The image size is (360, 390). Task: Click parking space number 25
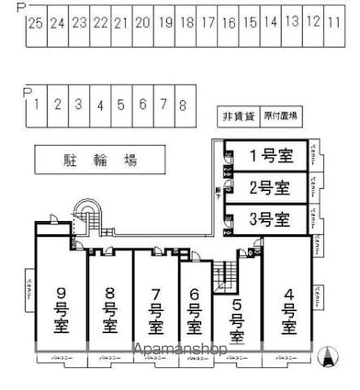[35, 22]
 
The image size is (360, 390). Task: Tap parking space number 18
[186, 22]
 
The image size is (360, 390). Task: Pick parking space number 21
[119, 22]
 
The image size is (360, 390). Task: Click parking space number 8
[183, 105]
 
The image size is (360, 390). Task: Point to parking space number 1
[35, 105]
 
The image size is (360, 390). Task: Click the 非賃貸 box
[237, 117]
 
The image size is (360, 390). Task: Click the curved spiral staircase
[88, 218]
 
